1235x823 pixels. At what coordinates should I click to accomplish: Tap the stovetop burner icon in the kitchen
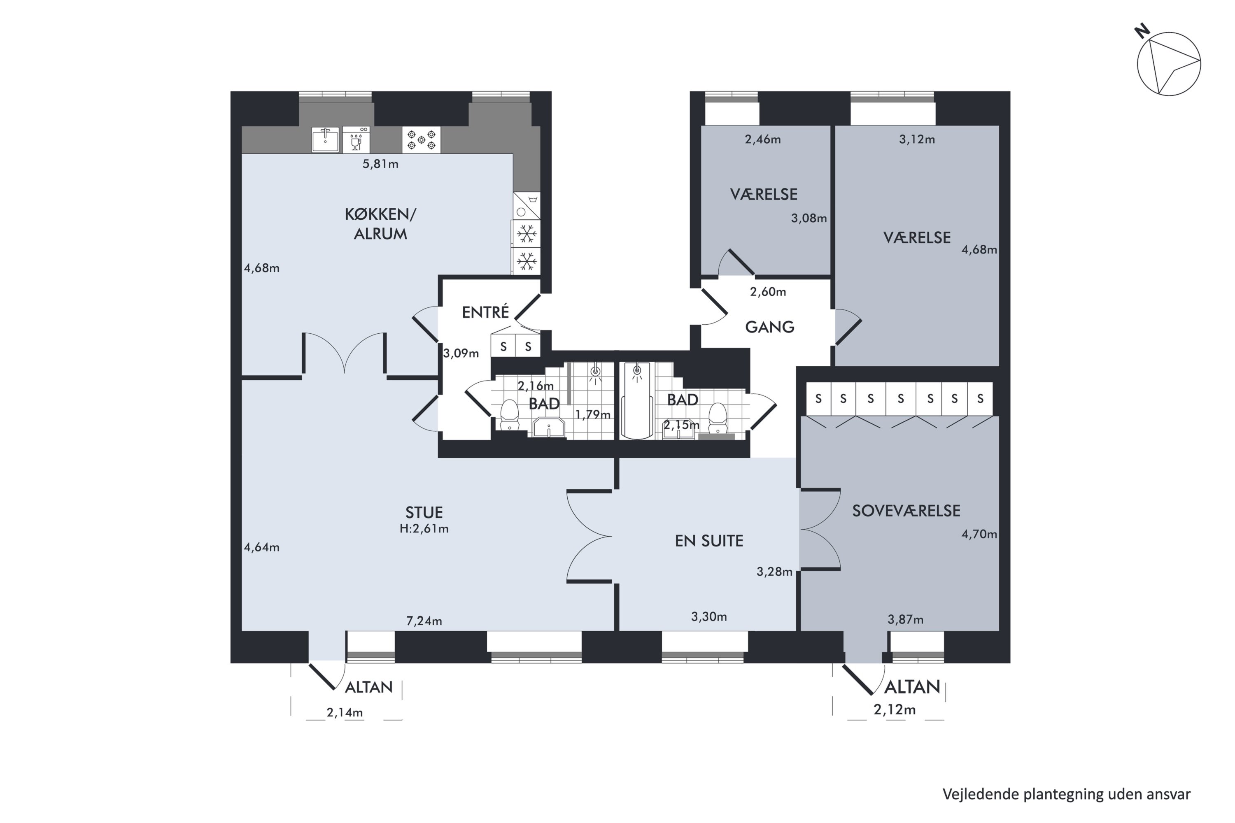pyautogui.click(x=421, y=139)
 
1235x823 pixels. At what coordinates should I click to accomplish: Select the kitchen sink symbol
pyautogui.click(x=326, y=139)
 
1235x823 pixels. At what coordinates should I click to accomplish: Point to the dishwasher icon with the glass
pyautogui.click(x=356, y=139)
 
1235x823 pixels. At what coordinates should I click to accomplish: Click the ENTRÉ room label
pyautogui.click(x=485, y=312)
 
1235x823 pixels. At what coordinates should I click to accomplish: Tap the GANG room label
pyautogui.click(x=769, y=327)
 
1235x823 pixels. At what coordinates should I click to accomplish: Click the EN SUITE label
pyautogui.click(x=709, y=541)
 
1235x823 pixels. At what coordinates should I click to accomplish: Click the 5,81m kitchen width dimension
pyautogui.click(x=380, y=164)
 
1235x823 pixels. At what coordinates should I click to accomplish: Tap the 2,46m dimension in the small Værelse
pyautogui.click(x=762, y=139)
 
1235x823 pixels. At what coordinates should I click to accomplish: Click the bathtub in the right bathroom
pyautogui.click(x=637, y=400)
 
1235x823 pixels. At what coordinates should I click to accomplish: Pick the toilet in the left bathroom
pyautogui.click(x=509, y=415)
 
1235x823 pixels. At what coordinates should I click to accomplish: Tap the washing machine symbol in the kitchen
pyautogui.click(x=526, y=206)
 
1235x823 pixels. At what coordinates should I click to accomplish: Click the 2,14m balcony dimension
pyautogui.click(x=345, y=712)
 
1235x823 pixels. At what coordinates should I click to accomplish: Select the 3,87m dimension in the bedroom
pyautogui.click(x=905, y=619)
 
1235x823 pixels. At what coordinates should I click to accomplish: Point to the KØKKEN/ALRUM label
pyautogui.click(x=380, y=223)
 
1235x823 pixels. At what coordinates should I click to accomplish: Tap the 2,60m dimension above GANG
pyautogui.click(x=768, y=292)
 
